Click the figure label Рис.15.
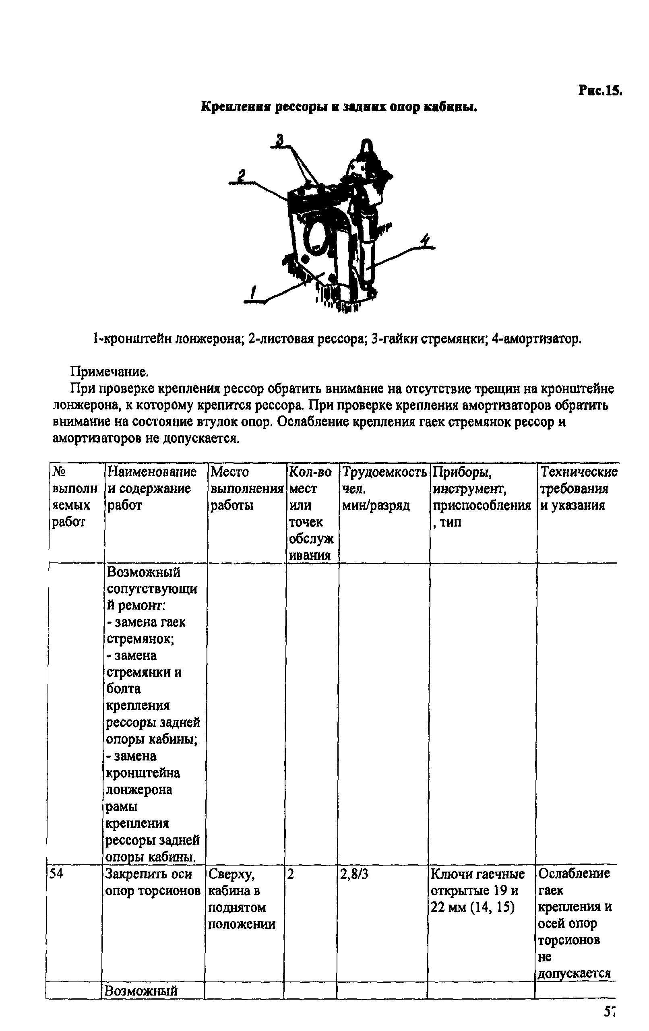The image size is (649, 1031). [x=599, y=90]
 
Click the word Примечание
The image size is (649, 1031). [x=109, y=371]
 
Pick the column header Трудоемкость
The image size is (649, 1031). [x=384, y=472]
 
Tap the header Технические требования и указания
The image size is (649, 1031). [x=578, y=488]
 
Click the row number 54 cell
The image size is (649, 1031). [x=56, y=874]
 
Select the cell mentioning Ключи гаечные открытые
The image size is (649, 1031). [x=477, y=890]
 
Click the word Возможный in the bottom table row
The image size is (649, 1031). [x=141, y=991]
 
